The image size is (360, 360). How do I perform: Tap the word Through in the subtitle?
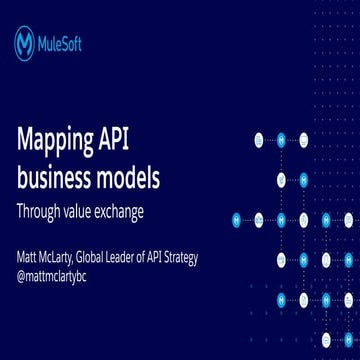pyautogui.click(x=39, y=213)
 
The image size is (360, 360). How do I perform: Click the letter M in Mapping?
pyautogui.click(x=25, y=141)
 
